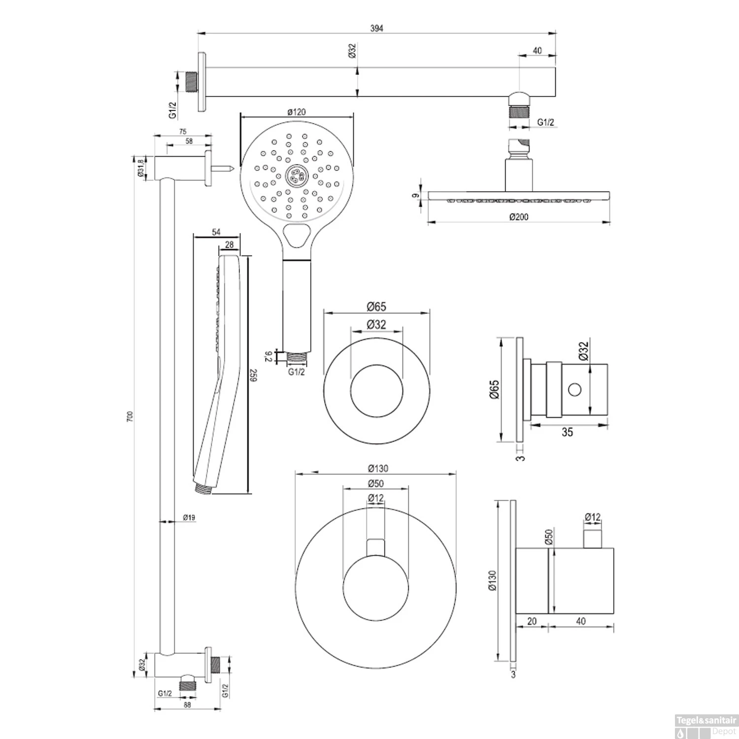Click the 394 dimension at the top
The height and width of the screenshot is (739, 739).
[x=376, y=28]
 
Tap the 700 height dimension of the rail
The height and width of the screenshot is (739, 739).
[x=130, y=417]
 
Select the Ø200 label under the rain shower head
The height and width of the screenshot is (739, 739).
[x=519, y=216]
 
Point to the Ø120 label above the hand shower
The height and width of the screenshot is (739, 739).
[x=296, y=112]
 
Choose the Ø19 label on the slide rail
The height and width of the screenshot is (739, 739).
[x=189, y=517]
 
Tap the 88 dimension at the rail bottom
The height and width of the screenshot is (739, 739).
[x=187, y=705]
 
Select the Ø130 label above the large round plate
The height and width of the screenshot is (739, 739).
[x=378, y=469]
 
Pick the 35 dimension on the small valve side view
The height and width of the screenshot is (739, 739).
[x=567, y=432]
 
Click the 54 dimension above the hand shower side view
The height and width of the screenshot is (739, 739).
[x=216, y=233]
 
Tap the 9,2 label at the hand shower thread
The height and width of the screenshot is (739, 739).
[x=269, y=356]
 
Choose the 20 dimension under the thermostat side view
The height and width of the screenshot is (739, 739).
[x=532, y=621]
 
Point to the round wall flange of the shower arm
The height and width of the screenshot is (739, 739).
[x=202, y=82]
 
